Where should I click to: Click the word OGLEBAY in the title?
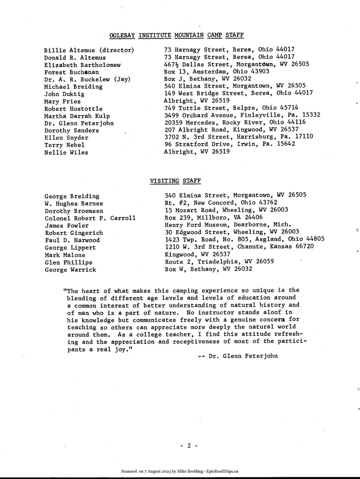pyautogui.click(x=122, y=35)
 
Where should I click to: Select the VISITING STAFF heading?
pyautogui.click(x=175, y=181)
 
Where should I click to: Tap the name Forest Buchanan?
pyautogui.click(x=71, y=72)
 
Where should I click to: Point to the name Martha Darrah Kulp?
pyautogui.click(x=77, y=116)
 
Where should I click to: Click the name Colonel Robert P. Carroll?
pyautogui.click(x=90, y=218)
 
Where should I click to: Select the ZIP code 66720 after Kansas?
pyautogui.click(x=305, y=246)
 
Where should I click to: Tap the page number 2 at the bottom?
pyautogui.click(x=189, y=445)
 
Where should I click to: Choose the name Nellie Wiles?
pyautogui.click(x=66, y=152)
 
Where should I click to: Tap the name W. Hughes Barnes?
pyautogui.click(x=74, y=203)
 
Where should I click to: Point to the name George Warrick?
pyautogui.click(x=70, y=270)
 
